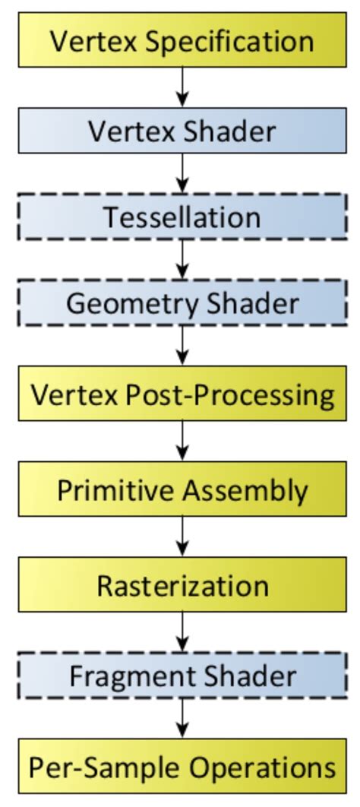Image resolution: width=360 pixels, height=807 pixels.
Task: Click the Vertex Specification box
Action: (x=182, y=40)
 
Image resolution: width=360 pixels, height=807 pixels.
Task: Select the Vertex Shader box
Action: (x=182, y=131)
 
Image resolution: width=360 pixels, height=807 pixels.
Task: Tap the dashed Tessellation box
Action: (x=182, y=217)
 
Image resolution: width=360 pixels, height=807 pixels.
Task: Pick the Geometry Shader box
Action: (x=182, y=303)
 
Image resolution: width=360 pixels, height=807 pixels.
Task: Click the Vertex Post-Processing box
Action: (x=182, y=395)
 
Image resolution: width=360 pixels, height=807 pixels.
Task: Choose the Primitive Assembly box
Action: (x=182, y=490)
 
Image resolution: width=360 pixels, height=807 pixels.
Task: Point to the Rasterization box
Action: (x=182, y=586)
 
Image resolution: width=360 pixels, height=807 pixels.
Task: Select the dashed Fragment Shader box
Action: (x=182, y=676)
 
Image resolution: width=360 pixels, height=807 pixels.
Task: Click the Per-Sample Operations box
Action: (x=182, y=767)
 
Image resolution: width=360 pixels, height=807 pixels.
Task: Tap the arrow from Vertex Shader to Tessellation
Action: (x=182, y=174)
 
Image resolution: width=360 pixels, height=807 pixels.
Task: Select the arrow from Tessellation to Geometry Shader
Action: (x=182, y=261)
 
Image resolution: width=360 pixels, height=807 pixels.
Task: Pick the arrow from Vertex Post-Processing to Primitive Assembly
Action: (x=182, y=442)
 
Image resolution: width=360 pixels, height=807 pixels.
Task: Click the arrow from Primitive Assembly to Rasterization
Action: (x=182, y=538)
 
